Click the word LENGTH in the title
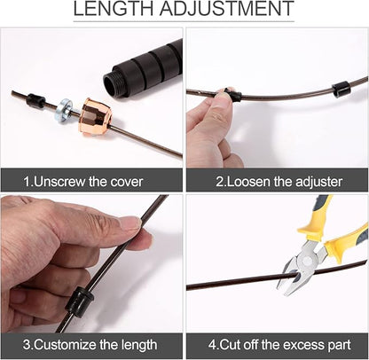(x=113, y=9)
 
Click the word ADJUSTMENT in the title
(x=227, y=9)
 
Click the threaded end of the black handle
(x=113, y=84)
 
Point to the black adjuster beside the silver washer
(x=35, y=100)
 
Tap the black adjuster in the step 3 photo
(x=79, y=302)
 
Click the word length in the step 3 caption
(x=139, y=345)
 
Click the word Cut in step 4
(x=231, y=345)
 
